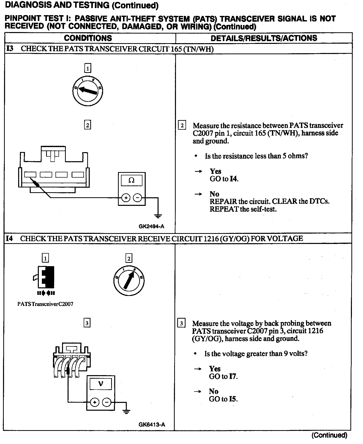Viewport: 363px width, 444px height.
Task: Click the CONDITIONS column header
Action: click(x=88, y=38)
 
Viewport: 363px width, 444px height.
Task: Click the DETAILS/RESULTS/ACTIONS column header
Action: click(x=264, y=38)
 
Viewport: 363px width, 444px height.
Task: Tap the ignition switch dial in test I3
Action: click(x=87, y=91)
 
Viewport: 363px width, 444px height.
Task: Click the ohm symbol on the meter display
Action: click(x=131, y=180)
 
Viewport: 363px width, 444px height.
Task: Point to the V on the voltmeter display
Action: click(x=101, y=384)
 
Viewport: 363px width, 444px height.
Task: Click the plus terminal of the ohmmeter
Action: click(x=126, y=198)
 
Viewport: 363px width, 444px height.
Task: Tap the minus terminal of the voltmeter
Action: click(x=107, y=402)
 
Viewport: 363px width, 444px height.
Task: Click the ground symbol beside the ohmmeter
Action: click(x=158, y=216)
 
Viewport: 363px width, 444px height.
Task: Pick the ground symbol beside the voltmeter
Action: click(x=126, y=412)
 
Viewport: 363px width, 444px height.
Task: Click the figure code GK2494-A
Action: click(x=151, y=226)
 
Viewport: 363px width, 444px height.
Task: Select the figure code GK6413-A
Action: click(x=152, y=425)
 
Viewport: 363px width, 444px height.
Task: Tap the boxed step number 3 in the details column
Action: click(x=181, y=323)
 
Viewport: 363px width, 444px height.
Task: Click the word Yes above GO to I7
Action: click(x=215, y=369)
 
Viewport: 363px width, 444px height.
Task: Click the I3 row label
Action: click(x=9, y=48)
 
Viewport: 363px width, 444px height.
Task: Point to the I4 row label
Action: click(x=9, y=238)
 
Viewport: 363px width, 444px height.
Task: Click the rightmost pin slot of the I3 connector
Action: click(x=78, y=175)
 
